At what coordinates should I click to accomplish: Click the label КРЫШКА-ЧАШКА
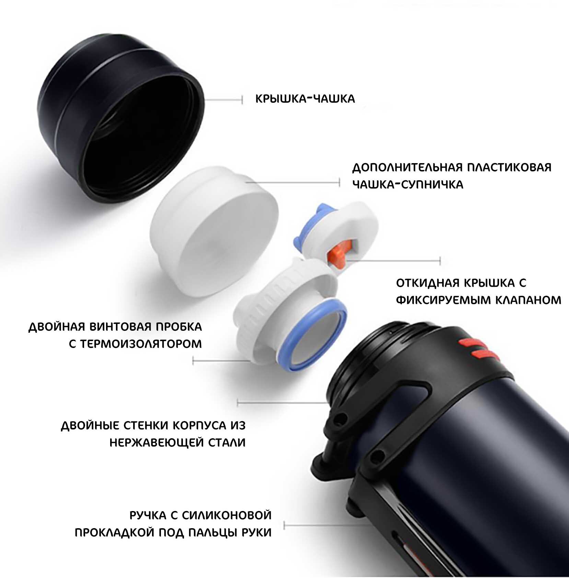click(305, 99)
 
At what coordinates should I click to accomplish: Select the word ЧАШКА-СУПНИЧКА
click(408, 184)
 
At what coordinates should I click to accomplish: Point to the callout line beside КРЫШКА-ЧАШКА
click(224, 100)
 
